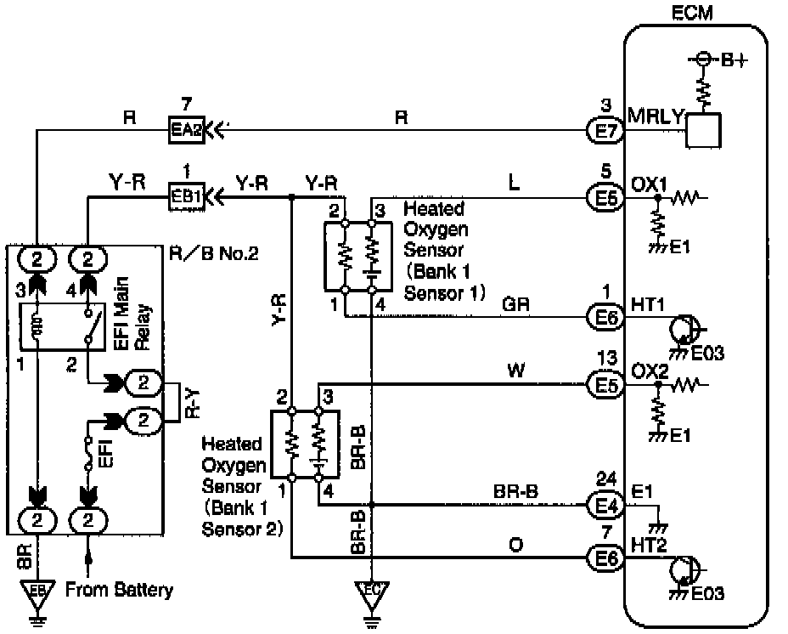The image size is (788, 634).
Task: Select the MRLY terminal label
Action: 655,116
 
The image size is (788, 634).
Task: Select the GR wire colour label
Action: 515,303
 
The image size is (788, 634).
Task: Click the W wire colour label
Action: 515,370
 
